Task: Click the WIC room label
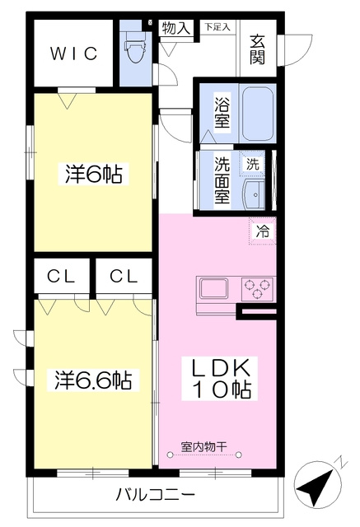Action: coord(74,53)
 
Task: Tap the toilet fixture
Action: coord(135,47)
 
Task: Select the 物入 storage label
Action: coord(176,28)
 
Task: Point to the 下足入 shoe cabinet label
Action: coord(217,27)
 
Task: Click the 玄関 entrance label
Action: coord(257,49)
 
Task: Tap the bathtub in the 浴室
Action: coord(258,114)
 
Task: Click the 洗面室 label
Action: coord(222,180)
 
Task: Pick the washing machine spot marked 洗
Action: coord(253,164)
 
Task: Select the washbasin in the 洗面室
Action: coord(254,194)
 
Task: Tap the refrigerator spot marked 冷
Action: coord(263,231)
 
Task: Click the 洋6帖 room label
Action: coord(93,174)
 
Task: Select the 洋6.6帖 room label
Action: coord(93,380)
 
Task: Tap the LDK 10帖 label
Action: coord(220,379)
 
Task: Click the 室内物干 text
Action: coord(204,446)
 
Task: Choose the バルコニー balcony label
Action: coord(156,495)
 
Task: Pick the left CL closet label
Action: coord(61,277)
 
